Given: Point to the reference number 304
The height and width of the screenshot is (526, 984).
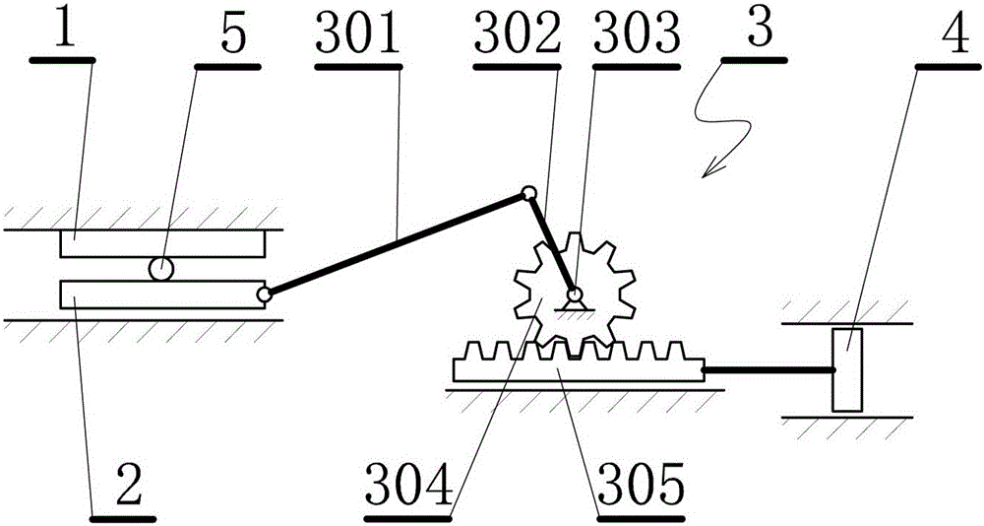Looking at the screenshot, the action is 409,487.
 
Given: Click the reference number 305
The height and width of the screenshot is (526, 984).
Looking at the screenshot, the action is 641,487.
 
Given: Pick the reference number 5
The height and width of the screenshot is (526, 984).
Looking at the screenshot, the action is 233,37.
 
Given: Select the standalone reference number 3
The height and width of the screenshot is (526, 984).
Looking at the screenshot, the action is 759,33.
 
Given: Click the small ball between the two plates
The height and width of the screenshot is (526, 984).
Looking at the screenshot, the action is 160,269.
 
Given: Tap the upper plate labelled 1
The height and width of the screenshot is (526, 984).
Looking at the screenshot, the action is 163,244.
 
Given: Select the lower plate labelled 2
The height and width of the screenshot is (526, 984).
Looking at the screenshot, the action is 162,295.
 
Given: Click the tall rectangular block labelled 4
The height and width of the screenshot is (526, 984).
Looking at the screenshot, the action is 847,369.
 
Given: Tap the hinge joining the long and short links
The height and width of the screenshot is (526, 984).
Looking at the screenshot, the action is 527,193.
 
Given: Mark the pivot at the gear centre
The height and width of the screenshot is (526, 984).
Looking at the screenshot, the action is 573,294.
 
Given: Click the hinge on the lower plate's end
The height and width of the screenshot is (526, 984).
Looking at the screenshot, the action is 264,294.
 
